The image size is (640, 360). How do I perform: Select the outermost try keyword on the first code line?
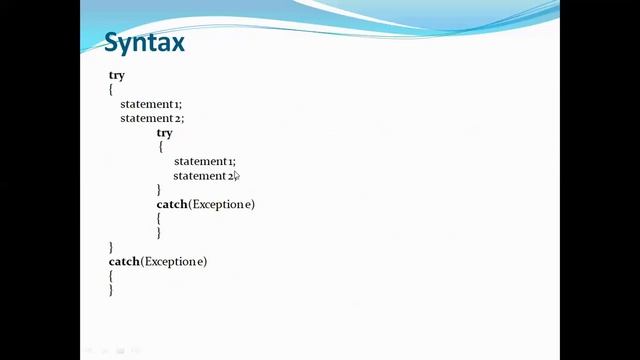pos(116,76)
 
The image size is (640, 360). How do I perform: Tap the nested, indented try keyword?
pos(164,133)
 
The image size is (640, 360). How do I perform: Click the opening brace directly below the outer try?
pos(111,90)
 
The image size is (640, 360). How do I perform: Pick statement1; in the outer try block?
pos(151,104)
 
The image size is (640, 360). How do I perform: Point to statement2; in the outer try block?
pos(151,118)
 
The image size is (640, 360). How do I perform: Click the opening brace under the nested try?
pos(160,147)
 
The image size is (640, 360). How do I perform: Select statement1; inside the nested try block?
pos(204,161)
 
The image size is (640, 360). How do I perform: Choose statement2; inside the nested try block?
pos(202,176)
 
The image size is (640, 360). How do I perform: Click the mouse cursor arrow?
pos(236,177)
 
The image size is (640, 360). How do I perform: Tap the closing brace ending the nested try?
pos(159,190)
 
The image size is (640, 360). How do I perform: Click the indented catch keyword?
pos(171,205)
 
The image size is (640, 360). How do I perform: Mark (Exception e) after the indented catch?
pos(221,205)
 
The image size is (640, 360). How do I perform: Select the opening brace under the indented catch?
pos(159,219)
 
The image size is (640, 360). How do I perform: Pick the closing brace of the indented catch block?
pos(159,233)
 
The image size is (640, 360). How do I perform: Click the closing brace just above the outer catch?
pos(111,247)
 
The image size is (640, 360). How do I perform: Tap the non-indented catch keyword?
pos(123,262)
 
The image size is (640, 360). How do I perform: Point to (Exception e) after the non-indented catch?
pos(173,262)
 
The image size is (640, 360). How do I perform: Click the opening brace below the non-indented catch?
pos(111,276)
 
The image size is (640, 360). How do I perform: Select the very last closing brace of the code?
pos(111,290)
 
